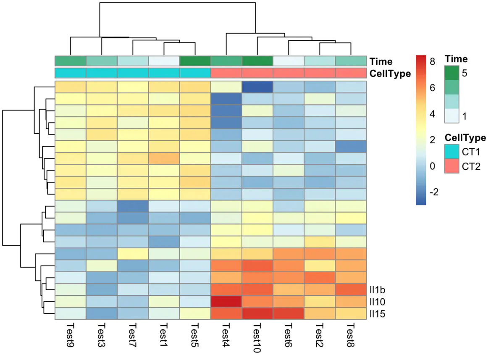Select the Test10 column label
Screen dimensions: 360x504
pyautogui.click(x=257, y=336)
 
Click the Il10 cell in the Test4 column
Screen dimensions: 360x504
pyautogui.click(x=226, y=302)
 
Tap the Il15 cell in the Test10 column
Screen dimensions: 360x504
pyautogui.click(x=257, y=314)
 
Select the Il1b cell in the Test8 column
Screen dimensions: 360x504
pyautogui.click(x=350, y=290)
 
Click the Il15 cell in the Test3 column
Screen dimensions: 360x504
pyautogui.click(x=102, y=314)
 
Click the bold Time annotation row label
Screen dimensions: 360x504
pyautogui.click(x=381, y=61)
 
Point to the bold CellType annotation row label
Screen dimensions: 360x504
pyautogui.click(x=389, y=74)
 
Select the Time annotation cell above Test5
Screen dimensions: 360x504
pyautogui.click(x=195, y=61)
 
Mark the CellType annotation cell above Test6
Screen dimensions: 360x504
pyautogui.click(x=288, y=73)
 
